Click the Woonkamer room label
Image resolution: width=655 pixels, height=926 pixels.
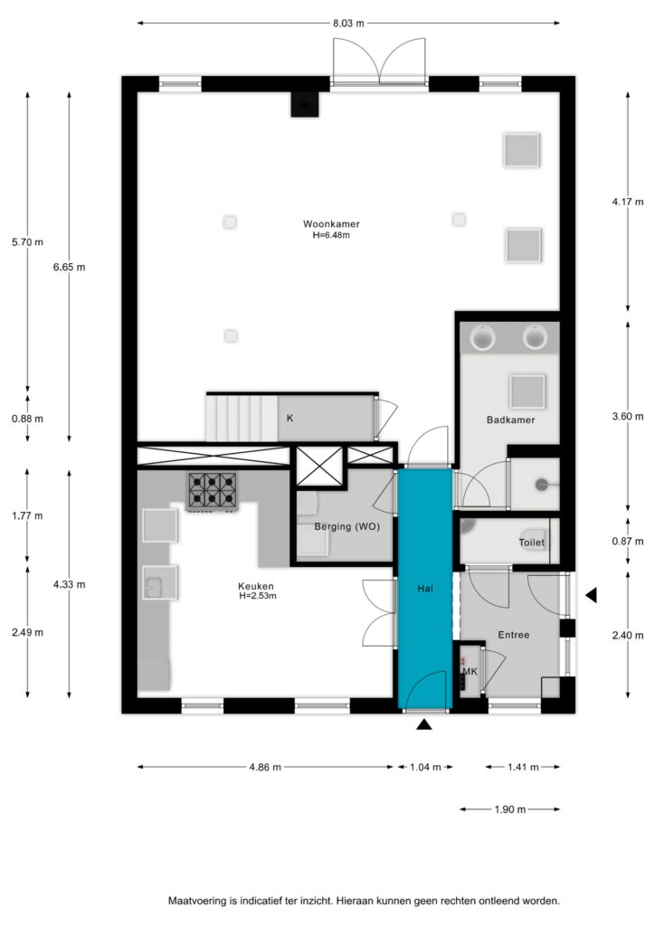(x=331, y=224)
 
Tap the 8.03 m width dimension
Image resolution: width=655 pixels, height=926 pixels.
(x=348, y=24)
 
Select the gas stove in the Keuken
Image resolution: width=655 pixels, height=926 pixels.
(x=213, y=491)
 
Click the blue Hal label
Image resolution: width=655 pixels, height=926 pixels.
(x=425, y=589)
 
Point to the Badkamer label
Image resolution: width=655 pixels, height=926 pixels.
(x=510, y=420)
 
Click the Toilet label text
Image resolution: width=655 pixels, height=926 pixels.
(x=532, y=543)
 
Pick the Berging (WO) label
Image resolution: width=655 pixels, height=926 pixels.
(x=346, y=527)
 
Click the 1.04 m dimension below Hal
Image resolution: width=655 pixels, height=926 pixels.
(x=425, y=767)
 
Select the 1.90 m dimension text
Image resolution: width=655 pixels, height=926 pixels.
(x=510, y=809)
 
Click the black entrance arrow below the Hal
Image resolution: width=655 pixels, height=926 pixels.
(x=424, y=724)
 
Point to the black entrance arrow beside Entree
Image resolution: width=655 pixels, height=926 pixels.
(x=591, y=595)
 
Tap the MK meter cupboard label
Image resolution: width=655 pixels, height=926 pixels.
(x=470, y=672)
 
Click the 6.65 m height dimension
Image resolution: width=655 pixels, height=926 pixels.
(x=69, y=267)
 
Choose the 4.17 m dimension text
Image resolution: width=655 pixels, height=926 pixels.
(x=628, y=202)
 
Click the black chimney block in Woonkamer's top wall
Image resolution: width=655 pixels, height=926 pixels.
(x=305, y=105)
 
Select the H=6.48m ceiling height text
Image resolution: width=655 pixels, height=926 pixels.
(x=331, y=235)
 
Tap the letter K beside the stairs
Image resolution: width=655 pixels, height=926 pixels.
(x=290, y=418)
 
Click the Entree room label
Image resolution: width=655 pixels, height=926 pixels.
(x=513, y=635)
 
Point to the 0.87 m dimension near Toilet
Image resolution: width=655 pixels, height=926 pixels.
(x=628, y=542)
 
